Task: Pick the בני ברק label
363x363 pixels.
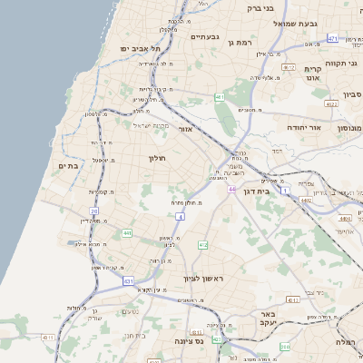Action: [260, 8]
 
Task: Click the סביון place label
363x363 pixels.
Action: [352, 94]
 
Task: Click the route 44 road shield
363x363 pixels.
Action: [231, 189]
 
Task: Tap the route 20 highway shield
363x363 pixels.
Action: [93, 211]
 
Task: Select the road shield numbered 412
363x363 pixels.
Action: [203, 245]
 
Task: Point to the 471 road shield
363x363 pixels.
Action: [332, 38]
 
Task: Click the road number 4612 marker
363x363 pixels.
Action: [289, 67]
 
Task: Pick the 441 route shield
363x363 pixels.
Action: [126, 233]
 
